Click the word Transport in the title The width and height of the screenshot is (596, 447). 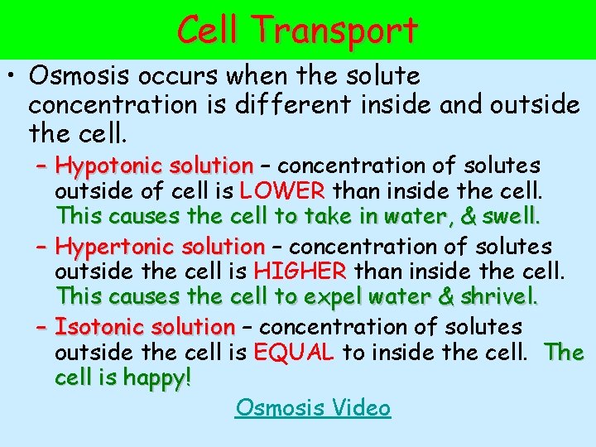(x=336, y=31)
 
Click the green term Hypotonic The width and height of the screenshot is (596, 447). (x=112, y=166)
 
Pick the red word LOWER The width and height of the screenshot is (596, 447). (x=281, y=192)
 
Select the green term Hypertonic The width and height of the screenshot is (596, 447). (x=116, y=247)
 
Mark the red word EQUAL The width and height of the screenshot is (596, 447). (x=294, y=353)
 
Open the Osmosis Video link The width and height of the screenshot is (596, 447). (x=313, y=407)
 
